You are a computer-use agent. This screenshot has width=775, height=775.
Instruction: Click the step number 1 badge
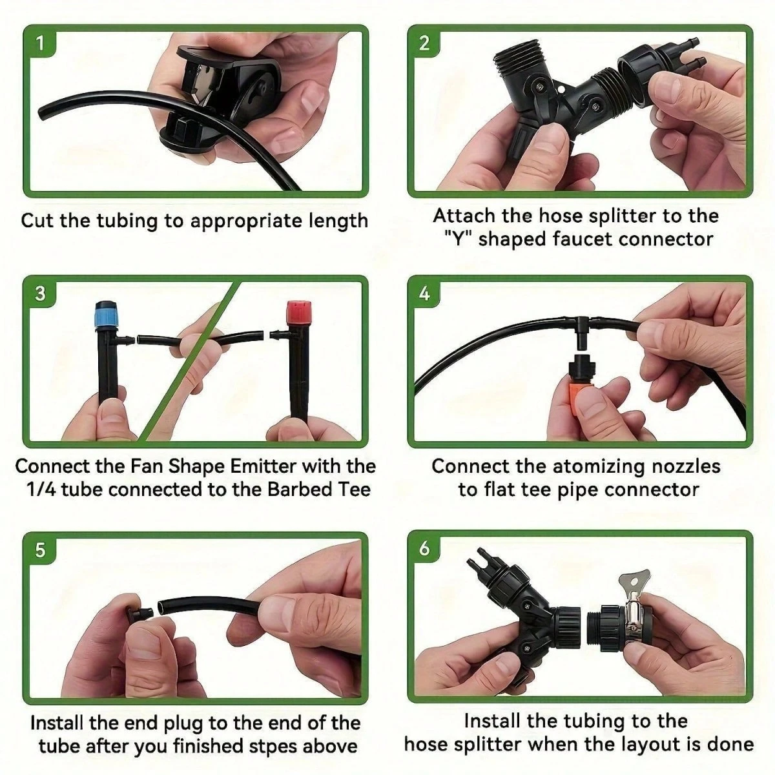click(40, 43)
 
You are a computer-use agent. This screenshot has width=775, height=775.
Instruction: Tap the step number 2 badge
click(424, 43)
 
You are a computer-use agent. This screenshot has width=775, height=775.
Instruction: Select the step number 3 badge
click(40, 293)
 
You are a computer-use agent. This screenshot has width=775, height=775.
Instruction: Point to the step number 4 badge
click(424, 294)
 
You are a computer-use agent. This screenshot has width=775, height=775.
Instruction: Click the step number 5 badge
click(40, 550)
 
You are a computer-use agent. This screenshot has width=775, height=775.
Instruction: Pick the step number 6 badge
click(424, 548)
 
